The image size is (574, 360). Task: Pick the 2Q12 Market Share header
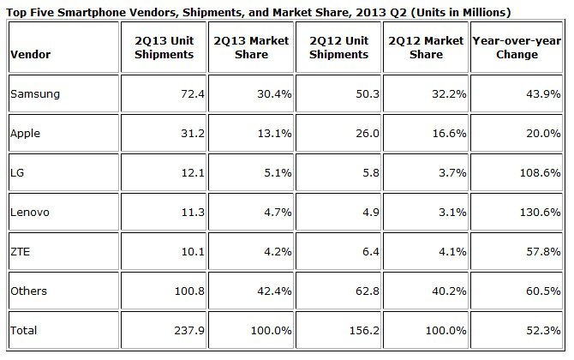425,48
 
